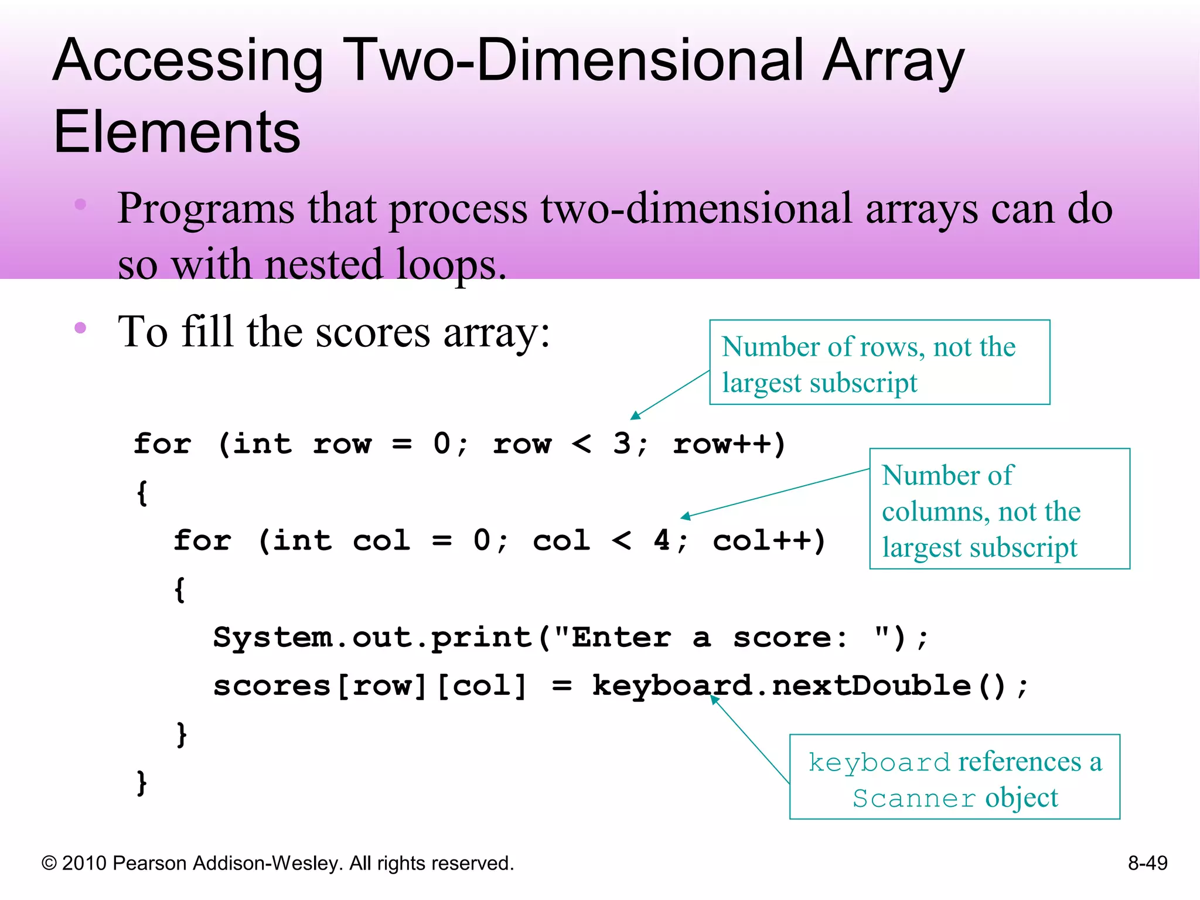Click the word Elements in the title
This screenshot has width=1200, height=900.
[x=177, y=132]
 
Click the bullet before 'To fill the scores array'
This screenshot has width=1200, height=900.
[x=81, y=328]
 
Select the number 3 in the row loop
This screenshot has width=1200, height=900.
[x=622, y=444]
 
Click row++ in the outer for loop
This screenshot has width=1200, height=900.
[x=728, y=444]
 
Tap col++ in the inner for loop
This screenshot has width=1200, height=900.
[x=769, y=540]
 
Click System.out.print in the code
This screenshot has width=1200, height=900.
[x=373, y=637]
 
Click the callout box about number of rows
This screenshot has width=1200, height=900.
[x=879, y=363]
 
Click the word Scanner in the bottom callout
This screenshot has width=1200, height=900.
[x=913, y=799]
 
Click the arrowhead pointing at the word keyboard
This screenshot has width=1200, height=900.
[x=714, y=699]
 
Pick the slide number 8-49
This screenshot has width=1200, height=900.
[x=1147, y=863]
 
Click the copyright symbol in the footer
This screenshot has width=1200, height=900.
[x=49, y=864]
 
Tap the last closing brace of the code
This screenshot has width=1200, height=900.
[x=141, y=782]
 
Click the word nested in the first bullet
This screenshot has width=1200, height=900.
[x=323, y=264]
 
